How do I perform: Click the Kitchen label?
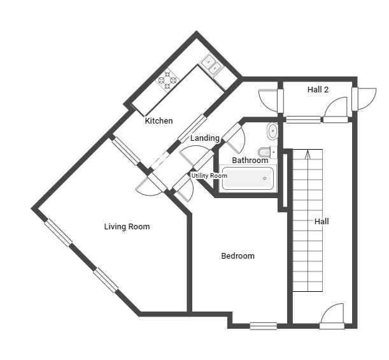159,121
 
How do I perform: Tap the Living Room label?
127,227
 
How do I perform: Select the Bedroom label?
238,256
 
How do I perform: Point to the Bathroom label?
250,161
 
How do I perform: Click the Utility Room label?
209,176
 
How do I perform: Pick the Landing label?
205,138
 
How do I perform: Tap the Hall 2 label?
318,90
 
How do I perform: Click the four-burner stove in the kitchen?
167,80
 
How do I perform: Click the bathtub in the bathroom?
248,178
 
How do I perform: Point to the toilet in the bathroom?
267,152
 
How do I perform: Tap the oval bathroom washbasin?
272,131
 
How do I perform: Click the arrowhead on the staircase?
308,154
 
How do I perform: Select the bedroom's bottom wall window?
263,326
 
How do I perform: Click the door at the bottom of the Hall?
332,316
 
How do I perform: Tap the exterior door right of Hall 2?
364,99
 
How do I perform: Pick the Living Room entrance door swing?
151,184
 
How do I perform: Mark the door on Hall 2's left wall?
271,100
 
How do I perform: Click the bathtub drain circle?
265,178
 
